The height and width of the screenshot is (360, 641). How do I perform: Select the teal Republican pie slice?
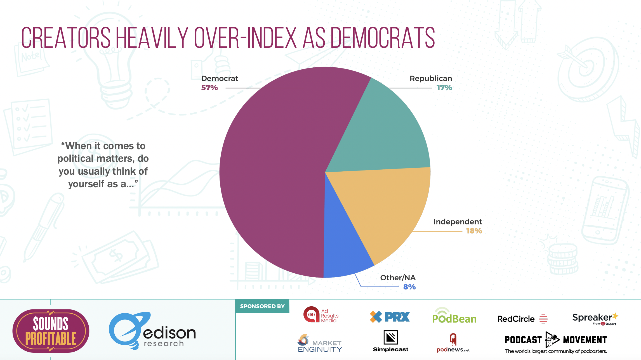coord(383,131)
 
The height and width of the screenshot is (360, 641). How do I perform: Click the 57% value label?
coord(209,88)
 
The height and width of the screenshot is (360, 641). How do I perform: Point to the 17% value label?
coord(444,88)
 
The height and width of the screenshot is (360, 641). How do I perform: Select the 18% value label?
coord(474,231)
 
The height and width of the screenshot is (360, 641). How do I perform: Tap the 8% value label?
coord(409,287)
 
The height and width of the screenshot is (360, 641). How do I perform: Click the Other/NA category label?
coord(398,278)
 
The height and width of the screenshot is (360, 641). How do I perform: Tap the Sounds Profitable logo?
coord(51,331)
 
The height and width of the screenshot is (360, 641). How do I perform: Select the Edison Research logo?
coord(152,331)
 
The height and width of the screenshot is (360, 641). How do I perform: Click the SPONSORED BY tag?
coord(262,306)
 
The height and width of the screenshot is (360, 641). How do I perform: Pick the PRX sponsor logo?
coord(390,317)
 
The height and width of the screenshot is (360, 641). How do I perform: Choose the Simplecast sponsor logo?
coord(391,341)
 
